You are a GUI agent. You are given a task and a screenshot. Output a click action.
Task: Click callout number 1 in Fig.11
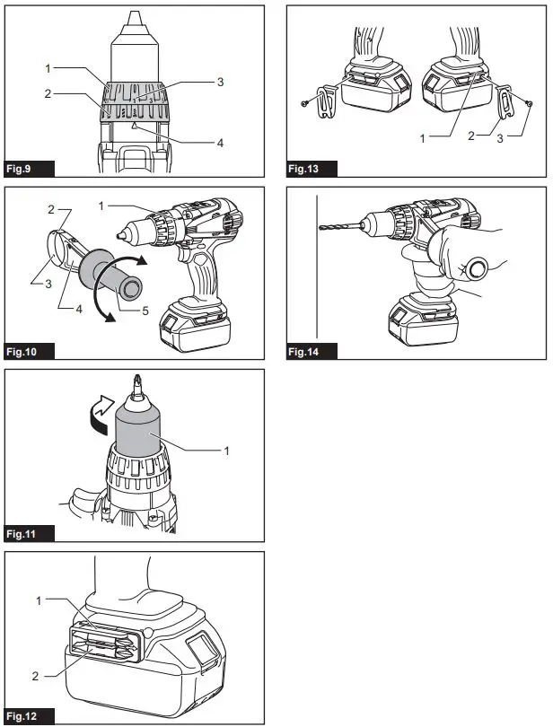click(227, 449)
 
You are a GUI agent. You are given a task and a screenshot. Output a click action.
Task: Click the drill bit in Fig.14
click(340, 229)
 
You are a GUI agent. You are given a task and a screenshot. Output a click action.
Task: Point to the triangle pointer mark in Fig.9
click(133, 128)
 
